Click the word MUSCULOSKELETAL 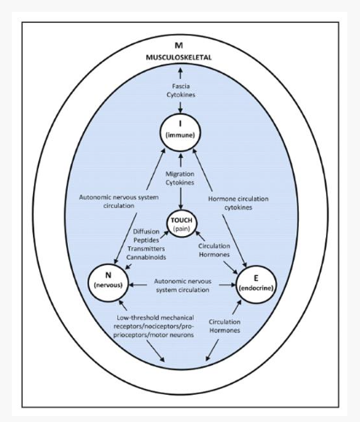pos(178,58)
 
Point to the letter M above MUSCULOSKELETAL pos(179,45)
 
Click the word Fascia pos(181,86)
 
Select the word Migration pos(180,174)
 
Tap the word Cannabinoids pos(146,257)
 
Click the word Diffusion pos(146,232)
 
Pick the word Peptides pos(146,240)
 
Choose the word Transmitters pos(146,249)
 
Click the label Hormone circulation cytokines pos(239,203)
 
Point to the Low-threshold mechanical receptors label pos(154,326)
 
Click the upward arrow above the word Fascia pos(180,74)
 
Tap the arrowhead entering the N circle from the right pos(132,285)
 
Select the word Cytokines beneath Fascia pos(181,95)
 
